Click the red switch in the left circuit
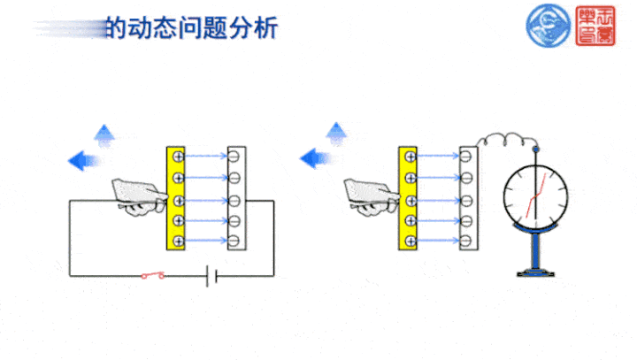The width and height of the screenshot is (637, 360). (152, 276)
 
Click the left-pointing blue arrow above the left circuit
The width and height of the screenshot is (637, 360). (84, 160)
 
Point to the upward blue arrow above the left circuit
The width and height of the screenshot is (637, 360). (105, 134)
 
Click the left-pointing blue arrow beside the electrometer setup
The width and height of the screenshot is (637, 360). (316, 159)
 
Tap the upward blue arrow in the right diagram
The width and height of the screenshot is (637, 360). (336, 134)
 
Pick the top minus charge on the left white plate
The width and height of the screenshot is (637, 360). (234, 157)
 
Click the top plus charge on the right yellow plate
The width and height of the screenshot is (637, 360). (410, 157)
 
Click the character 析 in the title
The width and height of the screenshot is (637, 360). (265, 28)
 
